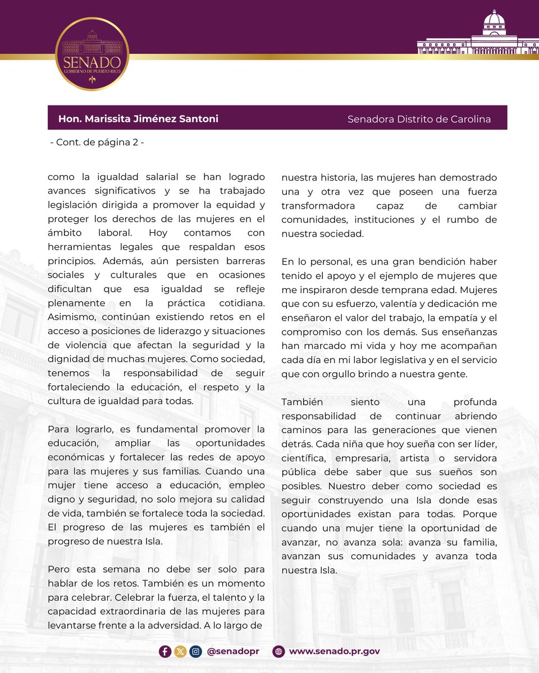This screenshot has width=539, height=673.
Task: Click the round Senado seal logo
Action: (x=92, y=54)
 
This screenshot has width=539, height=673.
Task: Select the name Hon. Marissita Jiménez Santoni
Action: (x=138, y=119)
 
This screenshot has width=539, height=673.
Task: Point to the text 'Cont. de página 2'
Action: (x=97, y=142)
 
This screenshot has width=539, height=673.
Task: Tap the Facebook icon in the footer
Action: (x=165, y=651)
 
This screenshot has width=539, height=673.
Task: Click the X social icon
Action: (x=180, y=651)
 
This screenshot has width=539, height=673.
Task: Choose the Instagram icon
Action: (x=195, y=651)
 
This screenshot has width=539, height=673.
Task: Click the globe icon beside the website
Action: (x=278, y=651)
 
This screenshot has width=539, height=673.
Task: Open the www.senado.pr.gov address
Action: (x=335, y=651)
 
